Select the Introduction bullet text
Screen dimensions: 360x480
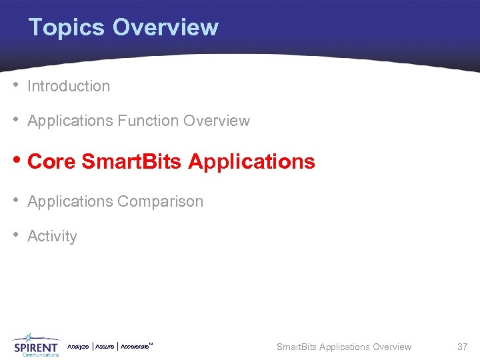tap(69, 86)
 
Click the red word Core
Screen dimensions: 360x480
tap(51, 161)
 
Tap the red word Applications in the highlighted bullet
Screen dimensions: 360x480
tap(251, 161)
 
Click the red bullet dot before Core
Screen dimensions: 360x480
tap(17, 161)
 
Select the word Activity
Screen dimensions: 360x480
tap(52, 237)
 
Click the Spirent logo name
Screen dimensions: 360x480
tap(36, 347)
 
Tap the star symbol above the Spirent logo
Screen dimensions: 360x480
tap(30, 337)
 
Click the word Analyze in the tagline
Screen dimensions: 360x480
tap(78, 347)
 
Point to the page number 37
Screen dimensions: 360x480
tap(462, 347)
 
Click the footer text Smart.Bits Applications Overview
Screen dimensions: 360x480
tap(344, 347)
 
